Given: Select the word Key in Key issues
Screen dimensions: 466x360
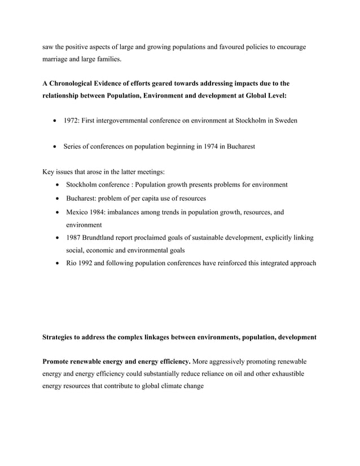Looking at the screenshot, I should tap(49, 172).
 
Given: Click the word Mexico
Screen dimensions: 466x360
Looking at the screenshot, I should tap(78, 212).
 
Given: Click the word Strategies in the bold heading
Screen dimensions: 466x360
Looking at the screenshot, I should tap(60, 337).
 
